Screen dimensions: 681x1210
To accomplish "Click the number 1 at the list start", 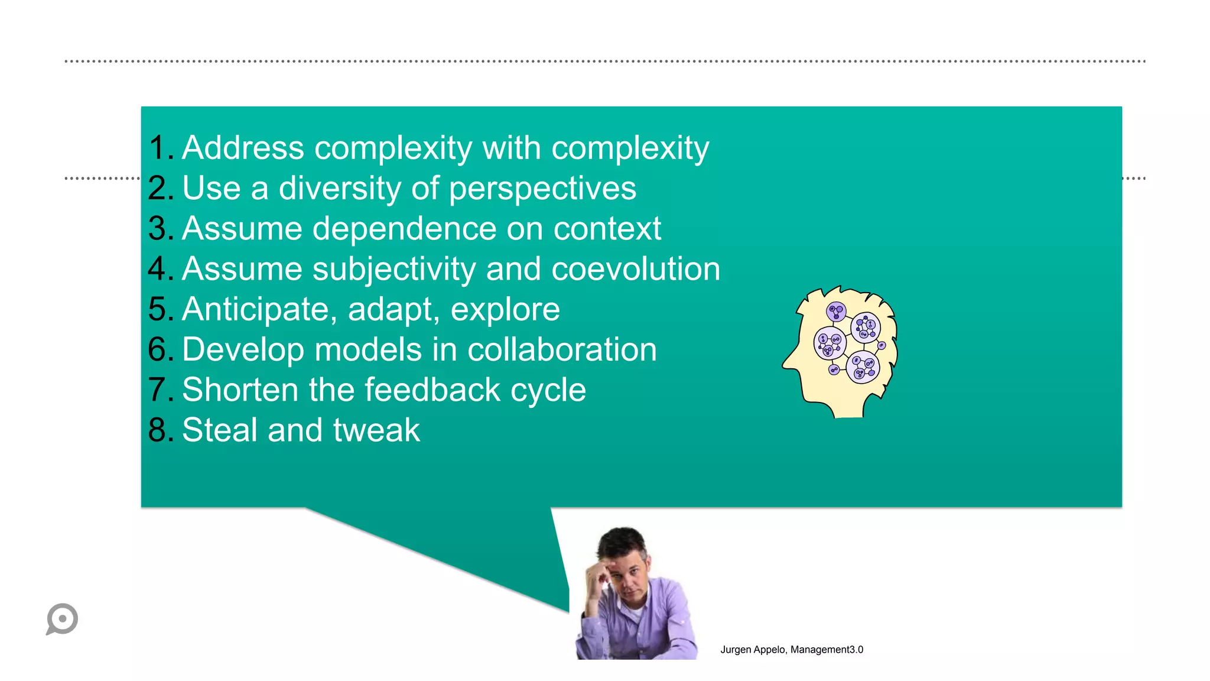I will coord(157,148).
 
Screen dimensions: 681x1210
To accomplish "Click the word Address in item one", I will coord(243,148).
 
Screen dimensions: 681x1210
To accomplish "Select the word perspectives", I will coord(542,189).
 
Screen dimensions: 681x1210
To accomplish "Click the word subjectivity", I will coord(393,270).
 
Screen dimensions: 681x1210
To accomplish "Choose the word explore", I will coord(505,310).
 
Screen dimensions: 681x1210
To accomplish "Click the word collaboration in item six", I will coord(562,349).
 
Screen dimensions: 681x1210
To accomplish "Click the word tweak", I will coord(376,430).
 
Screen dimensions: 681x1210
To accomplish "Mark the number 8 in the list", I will coord(157,430).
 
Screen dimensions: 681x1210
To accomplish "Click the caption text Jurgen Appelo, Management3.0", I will coord(791,650).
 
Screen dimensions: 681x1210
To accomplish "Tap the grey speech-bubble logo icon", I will coord(62,619).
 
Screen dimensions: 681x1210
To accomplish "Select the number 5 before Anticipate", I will coord(157,310).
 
